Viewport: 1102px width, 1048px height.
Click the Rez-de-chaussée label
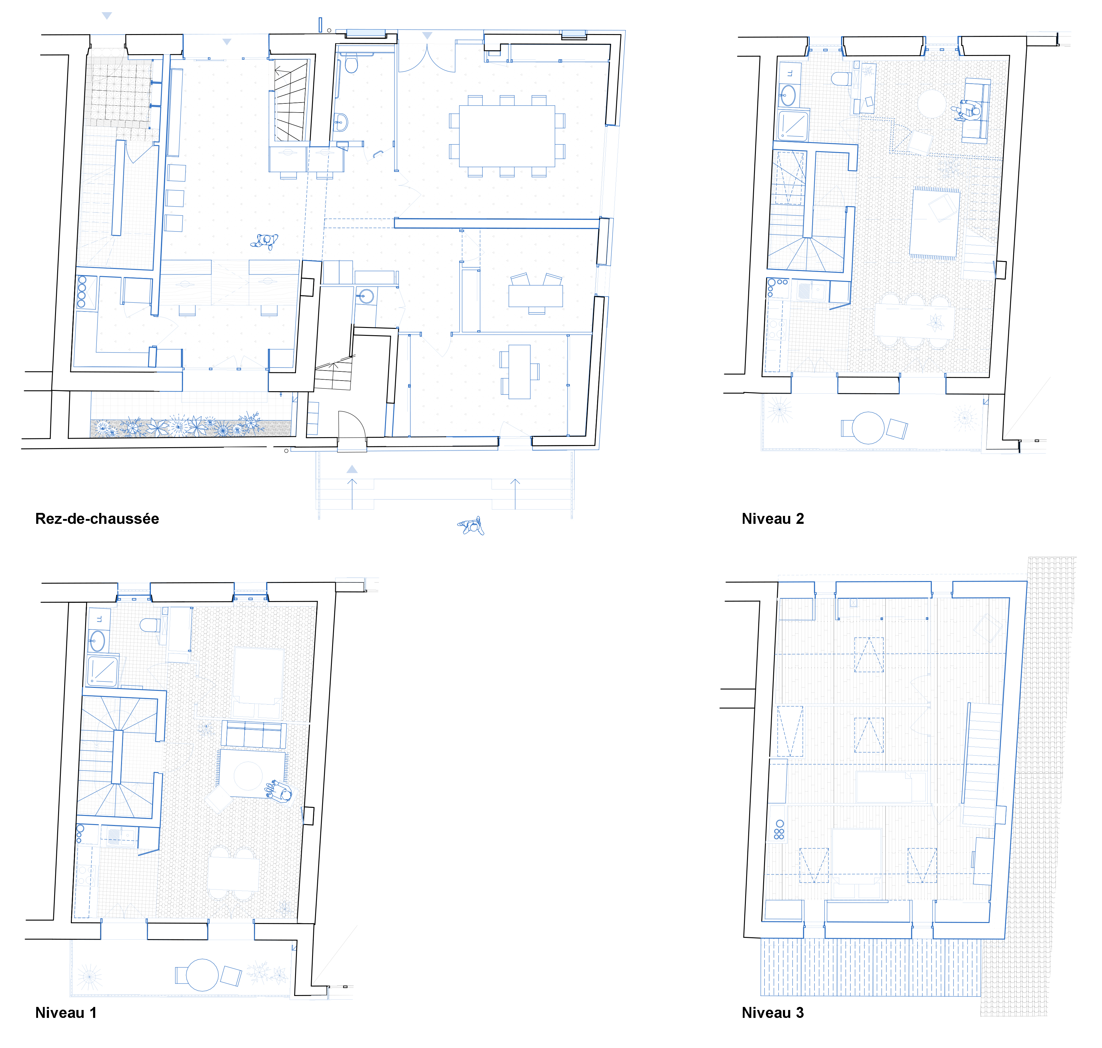point(97,519)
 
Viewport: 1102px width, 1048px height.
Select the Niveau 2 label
point(773,519)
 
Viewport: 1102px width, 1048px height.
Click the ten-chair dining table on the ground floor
point(507,136)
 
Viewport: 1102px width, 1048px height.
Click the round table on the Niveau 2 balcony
point(868,428)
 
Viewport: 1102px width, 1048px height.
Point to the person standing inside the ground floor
point(264,241)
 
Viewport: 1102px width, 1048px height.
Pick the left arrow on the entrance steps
point(352,494)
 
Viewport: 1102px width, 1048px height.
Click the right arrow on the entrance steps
point(515,494)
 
